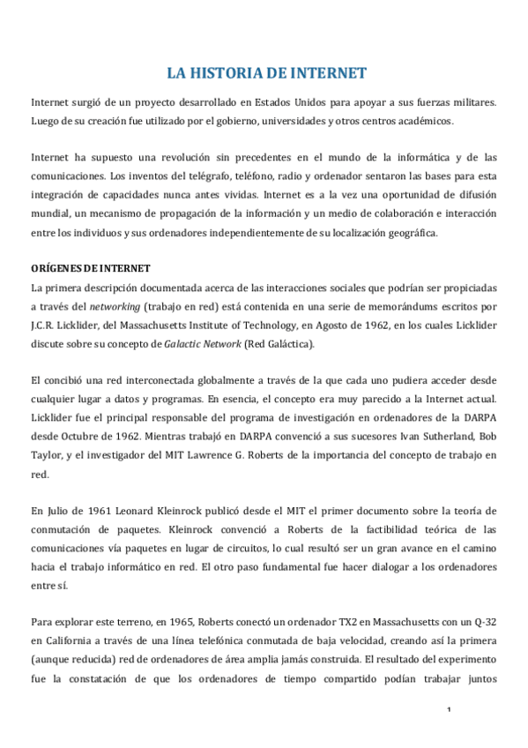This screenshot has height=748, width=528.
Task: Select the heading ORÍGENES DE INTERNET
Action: pos(91,268)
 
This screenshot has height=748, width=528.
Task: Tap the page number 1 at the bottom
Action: pos(449,711)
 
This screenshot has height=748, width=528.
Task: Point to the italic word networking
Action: pos(116,305)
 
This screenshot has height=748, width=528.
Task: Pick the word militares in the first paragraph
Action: pos(472,101)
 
